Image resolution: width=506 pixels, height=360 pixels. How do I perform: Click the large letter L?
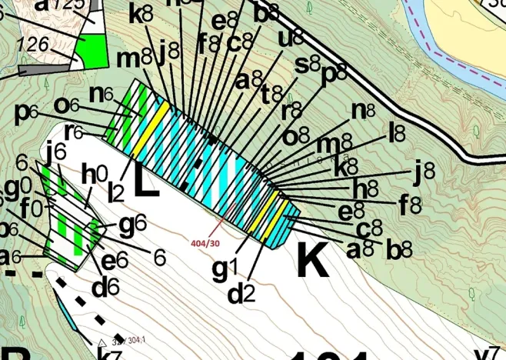(x=145, y=179)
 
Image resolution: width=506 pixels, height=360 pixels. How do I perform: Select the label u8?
(x=290, y=38)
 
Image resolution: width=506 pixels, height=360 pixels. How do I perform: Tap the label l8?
(x=398, y=132)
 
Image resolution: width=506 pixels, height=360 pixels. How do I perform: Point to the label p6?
(x=27, y=112)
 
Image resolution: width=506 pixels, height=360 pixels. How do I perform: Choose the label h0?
(x=91, y=175)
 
